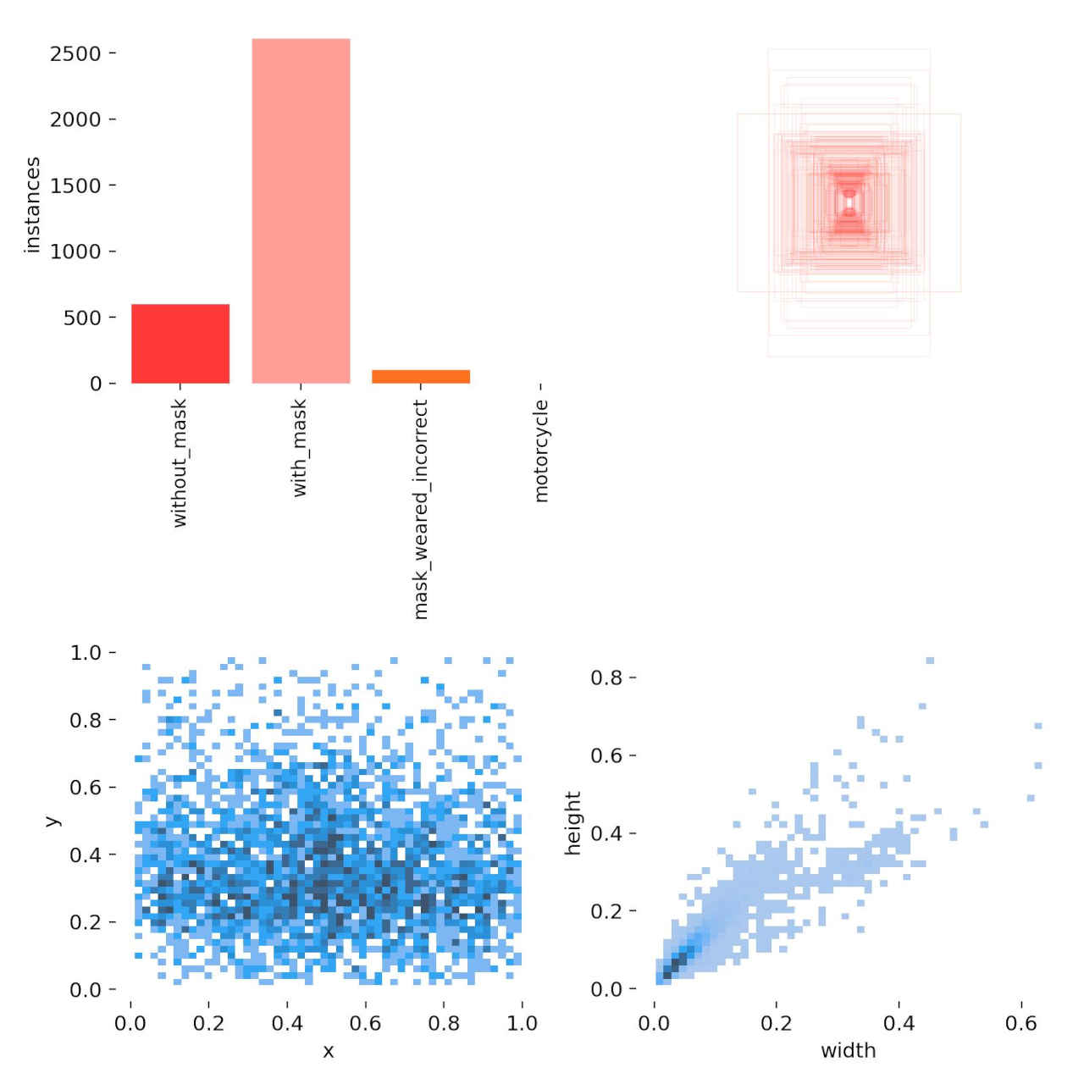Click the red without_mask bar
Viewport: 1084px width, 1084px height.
click(180, 344)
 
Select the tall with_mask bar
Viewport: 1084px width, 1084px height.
click(301, 211)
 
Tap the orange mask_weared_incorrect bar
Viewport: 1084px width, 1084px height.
click(421, 377)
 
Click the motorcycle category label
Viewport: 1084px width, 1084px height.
click(542, 451)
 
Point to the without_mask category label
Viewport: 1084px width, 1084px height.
click(180, 463)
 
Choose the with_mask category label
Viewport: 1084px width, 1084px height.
click(300, 448)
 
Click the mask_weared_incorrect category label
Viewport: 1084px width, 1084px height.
click(421, 510)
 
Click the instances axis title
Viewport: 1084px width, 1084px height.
click(32, 204)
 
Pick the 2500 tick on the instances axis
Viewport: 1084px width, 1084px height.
click(75, 53)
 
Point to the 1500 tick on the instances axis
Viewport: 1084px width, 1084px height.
click(75, 185)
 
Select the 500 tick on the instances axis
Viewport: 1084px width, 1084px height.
click(82, 318)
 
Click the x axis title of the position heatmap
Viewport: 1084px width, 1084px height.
click(328, 1052)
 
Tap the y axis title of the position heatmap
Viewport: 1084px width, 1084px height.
click(53, 821)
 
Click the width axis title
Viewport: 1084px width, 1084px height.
click(848, 1051)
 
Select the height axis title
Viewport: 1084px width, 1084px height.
click(573, 823)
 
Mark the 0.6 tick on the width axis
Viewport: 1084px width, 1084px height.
click(1020, 1023)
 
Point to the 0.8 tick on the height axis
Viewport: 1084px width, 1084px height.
click(606, 677)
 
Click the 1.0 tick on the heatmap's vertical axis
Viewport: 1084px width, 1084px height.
click(86, 653)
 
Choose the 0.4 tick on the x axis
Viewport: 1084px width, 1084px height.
click(287, 1023)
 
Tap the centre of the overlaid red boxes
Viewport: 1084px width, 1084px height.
click(849, 203)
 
